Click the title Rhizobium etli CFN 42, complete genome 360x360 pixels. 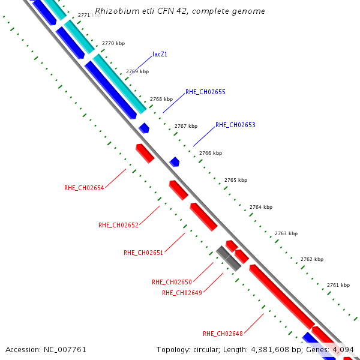pyautogui.click(x=180, y=11)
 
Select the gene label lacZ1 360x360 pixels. pyautogui.click(x=160, y=54)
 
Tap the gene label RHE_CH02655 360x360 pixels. pyautogui.click(x=205, y=92)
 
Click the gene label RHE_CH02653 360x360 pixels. pyautogui.click(x=235, y=125)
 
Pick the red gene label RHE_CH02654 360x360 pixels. pyautogui.click(x=84, y=188)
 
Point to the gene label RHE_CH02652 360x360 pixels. pyautogui.click(x=118, y=225)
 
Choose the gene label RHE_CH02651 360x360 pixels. pyautogui.click(x=143, y=253)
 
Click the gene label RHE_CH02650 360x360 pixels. pyautogui.click(x=172, y=281)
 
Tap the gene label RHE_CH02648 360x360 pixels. pyautogui.click(x=223, y=333)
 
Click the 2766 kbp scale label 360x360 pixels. pyautogui.click(x=211, y=153)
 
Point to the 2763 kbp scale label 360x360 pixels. pyautogui.click(x=286, y=233)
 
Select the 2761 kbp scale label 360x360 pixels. pyautogui.click(x=338, y=285)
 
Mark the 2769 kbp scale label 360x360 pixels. pyautogui.click(x=137, y=71)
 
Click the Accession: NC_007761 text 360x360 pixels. pyautogui.click(x=46, y=349)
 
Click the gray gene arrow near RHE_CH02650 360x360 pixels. pyautogui.click(x=228, y=259)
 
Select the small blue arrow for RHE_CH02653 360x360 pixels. pyautogui.click(x=175, y=161)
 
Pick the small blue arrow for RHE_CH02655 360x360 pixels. pyautogui.click(x=144, y=128)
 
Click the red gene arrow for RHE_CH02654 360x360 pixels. pyautogui.click(x=145, y=153)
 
